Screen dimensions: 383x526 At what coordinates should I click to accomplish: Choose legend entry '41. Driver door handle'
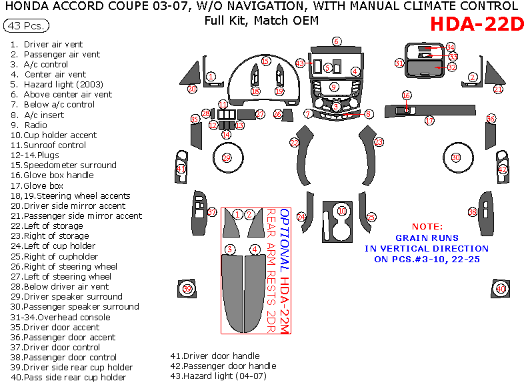click(215, 356)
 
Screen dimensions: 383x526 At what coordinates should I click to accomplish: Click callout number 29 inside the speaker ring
click(226, 158)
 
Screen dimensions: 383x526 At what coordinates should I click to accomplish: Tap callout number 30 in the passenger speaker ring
click(456, 157)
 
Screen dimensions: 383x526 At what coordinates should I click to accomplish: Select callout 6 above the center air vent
click(337, 41)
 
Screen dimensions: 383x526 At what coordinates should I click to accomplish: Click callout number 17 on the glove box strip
click(429, 121)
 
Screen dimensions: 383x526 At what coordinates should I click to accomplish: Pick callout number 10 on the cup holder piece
click(341, 211)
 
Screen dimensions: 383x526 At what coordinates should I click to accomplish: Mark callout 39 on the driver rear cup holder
click(187, 289)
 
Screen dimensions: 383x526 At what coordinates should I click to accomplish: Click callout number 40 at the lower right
click(500, 289)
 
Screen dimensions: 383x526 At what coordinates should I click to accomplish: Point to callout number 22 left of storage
click(294, 142)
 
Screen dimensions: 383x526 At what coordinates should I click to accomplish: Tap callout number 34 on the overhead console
click(451, 47)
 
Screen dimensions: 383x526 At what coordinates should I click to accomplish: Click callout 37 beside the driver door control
click(212, 212)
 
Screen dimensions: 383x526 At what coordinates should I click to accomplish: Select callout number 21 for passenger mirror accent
click(497, 89)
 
